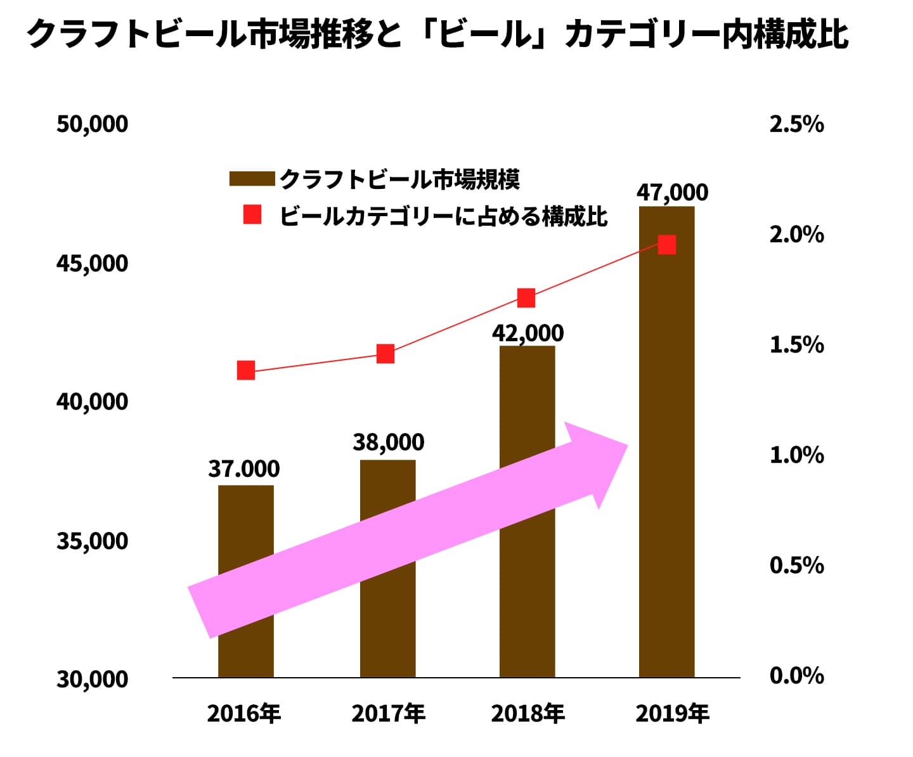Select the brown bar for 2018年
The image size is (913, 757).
click(527, 393)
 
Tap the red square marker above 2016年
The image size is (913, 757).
click(246, 370)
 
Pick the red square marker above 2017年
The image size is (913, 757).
click(385, 354)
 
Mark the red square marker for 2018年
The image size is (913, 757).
click(526, 298)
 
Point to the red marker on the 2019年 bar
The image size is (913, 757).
click(666, 245)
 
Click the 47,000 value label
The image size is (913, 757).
click(672, 192)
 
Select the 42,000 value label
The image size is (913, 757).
click(528, 333)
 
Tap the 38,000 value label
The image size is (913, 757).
click(388, 442)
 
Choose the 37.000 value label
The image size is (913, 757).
click(244, 469)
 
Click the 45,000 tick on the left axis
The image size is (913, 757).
click(93, 263)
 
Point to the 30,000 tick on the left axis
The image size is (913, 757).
click(93, 679)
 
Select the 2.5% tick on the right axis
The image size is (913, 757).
click(796, 124)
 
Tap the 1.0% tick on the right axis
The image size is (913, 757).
click(796, 455)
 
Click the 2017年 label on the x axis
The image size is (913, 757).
click(388, 714)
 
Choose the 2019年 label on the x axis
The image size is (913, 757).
click(672, 714)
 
